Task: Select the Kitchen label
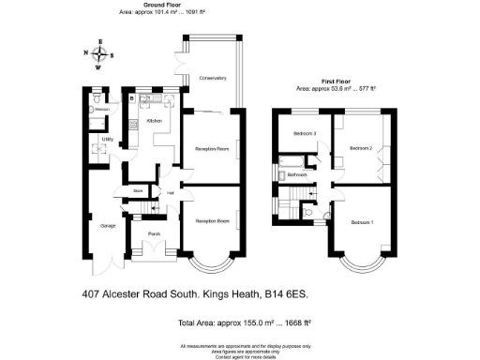click(x=155, y=121)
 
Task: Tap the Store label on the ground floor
click(x=137, y=190)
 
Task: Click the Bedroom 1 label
click(x=362, y=222)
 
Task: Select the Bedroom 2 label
click(x=362, y=148)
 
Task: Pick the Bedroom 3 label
click(x=304, y=134)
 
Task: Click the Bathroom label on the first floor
click(x=298, y=174)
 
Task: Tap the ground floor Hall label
click(x=171, y=193)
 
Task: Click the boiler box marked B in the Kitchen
click(x=134, y=97)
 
